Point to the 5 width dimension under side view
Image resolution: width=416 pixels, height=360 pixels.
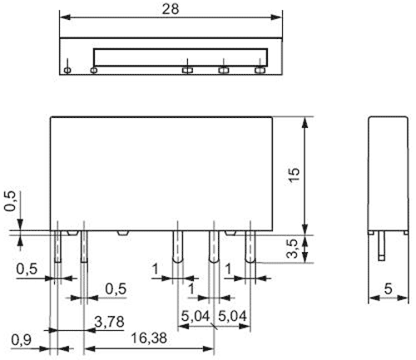(389, 290)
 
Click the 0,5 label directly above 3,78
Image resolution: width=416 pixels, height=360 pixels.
(116, 288)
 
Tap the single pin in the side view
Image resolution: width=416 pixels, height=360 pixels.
(380, 246)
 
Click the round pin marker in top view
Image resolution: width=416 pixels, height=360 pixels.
(67, 71)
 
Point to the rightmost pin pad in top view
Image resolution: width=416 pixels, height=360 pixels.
(260, 71)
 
